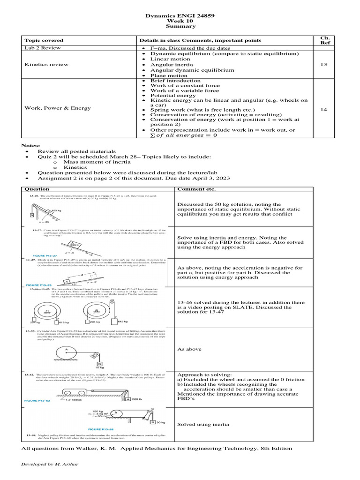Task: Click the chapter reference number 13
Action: [323, 64]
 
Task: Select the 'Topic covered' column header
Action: [44, 40]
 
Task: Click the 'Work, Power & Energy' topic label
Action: [58, 108]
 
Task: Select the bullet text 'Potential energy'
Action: [173, 95]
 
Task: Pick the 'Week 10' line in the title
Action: [180, 21]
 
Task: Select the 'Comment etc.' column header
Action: [196, 189]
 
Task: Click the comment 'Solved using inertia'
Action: [203, 424]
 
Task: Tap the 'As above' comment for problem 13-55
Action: [189, 349]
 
